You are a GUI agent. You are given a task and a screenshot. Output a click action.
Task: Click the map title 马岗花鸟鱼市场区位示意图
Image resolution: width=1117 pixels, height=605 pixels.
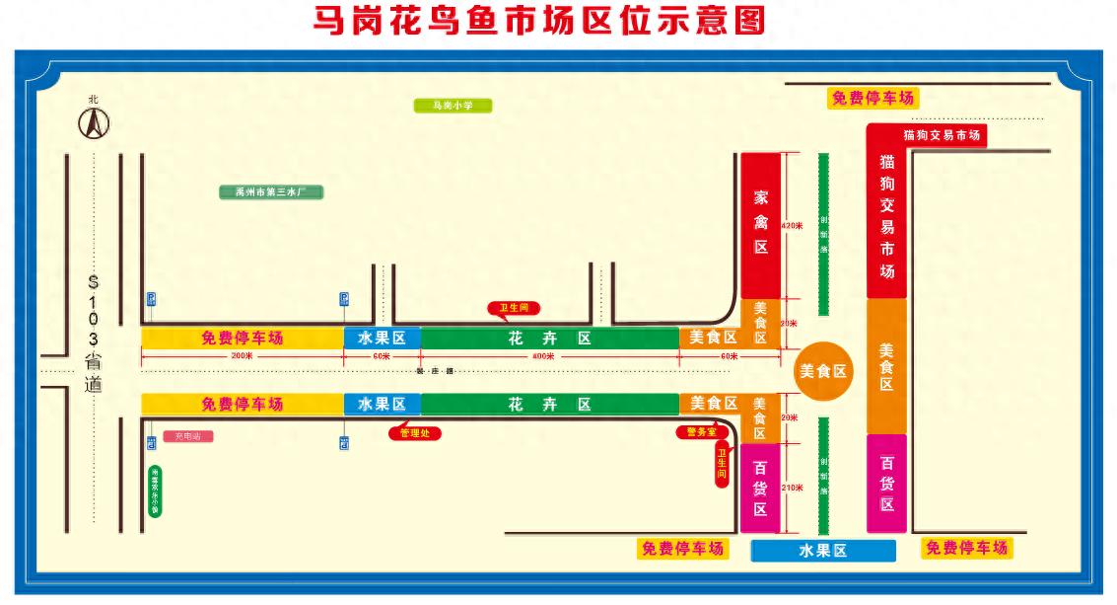tap(538, 22)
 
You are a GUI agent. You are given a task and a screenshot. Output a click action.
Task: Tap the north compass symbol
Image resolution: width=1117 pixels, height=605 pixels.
tap(94, 123)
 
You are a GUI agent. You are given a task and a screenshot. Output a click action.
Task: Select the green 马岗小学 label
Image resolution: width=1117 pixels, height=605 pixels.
tap(450, 106)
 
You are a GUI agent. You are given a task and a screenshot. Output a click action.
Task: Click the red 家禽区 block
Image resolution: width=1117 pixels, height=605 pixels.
tap(761, 224)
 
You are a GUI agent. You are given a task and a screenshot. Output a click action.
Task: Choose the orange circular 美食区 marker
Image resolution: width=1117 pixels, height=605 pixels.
tap(823, 371)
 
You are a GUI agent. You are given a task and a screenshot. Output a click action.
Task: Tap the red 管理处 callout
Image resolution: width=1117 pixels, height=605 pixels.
tap(414, 432)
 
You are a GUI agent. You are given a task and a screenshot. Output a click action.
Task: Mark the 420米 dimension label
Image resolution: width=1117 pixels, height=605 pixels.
tap(792, 226)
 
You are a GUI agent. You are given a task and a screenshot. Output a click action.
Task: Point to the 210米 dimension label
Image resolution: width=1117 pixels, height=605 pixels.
tap(792, 488)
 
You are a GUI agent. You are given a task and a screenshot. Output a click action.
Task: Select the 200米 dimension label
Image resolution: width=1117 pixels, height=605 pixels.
tap(242, 355)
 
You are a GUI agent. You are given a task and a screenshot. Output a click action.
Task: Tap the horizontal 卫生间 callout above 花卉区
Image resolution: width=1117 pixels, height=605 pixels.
tap(514, 308)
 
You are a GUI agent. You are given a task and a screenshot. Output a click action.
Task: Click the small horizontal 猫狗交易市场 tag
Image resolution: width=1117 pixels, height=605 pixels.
tap(941, 135)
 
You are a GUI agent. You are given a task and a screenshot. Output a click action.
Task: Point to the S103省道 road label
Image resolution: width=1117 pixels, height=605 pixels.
tap(93, 333)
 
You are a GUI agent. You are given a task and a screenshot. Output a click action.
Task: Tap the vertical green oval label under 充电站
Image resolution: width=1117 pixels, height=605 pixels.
tap(155, 491)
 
